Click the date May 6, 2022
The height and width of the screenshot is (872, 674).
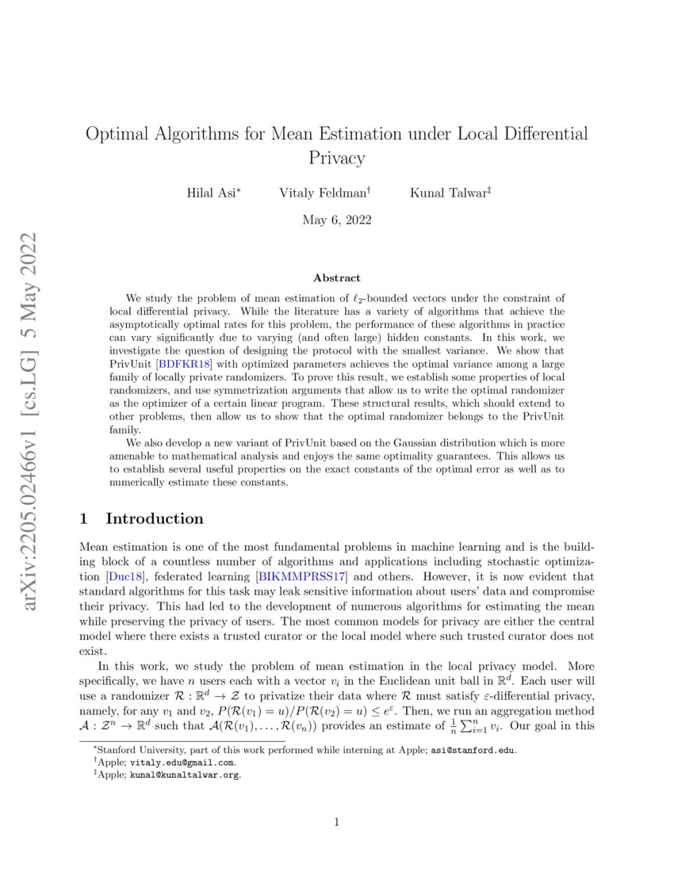click(336, 219)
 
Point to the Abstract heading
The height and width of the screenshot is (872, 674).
click(336, 278)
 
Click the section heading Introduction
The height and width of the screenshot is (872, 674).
click(155, 519)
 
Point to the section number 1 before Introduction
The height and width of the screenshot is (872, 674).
click(85, 519)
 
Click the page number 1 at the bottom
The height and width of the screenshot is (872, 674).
click(336, 822)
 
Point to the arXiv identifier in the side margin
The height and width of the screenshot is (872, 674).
click(33, 420)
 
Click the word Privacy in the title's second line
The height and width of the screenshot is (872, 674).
click(336, 158)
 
